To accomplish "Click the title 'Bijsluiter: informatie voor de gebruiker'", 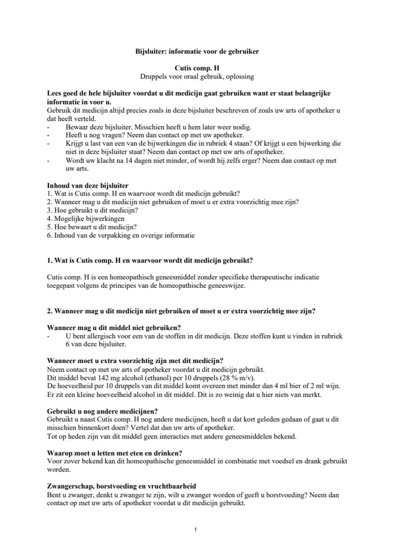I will tap(197, 52).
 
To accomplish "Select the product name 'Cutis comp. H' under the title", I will tap(197, 68).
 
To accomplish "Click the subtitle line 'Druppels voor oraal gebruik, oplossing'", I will tap(197, 76).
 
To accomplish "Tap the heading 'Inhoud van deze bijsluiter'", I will tap(88, 185).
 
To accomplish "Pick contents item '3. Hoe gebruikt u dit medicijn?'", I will tap(92, 210).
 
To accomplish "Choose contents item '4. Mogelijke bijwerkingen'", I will tap(85, 218).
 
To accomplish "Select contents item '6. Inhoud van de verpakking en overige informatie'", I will tap(121, 235).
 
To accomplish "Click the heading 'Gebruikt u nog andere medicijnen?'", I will tap(102, 411).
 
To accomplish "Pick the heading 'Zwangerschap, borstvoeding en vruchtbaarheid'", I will tap(122, 486).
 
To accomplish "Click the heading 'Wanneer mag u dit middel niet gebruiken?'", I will tap(114, 327).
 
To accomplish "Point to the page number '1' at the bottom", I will tap(196, 529).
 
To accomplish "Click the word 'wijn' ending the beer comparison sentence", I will tap(333, 386).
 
